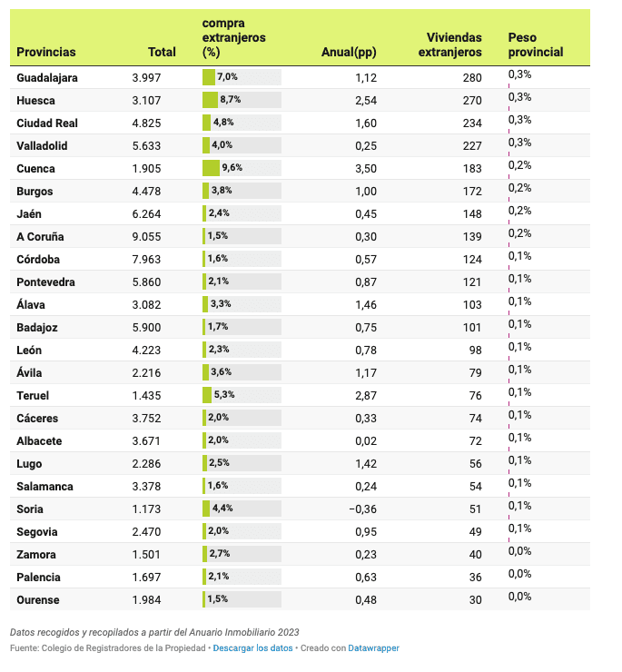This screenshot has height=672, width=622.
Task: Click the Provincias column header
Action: [46, 53]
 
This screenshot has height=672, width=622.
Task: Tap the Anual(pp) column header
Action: [349, 53]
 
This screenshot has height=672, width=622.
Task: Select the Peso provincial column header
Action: [536, 44]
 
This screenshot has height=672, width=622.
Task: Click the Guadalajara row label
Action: [47, 78]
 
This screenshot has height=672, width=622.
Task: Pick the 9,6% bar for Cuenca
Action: [212, 169]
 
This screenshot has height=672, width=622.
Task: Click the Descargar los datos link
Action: [253, 648]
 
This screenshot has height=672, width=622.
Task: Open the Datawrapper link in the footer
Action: [373, 648]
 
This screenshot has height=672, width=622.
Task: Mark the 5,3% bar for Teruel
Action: [208, 396]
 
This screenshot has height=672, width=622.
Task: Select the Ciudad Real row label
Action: [47, 124]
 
